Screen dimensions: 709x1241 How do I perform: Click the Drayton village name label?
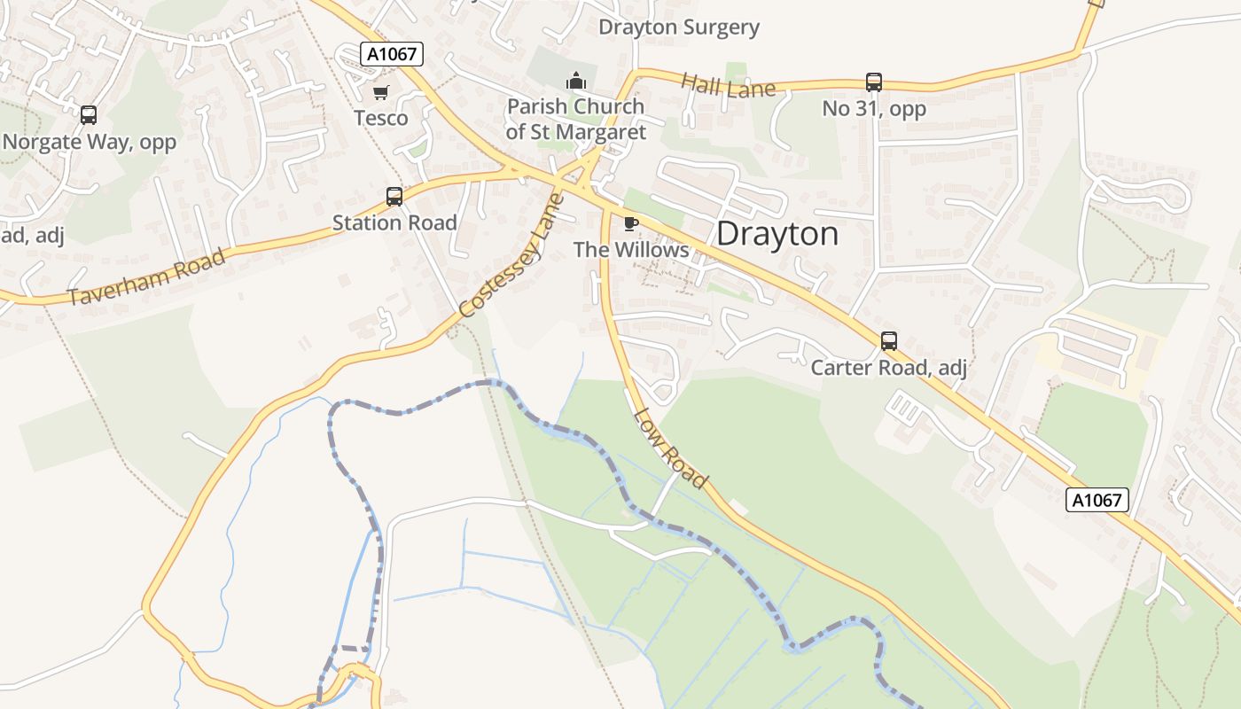(x=777, y=234)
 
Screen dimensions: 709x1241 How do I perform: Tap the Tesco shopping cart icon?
(x=381, y=92)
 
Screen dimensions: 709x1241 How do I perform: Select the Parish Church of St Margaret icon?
(x=576, y=82)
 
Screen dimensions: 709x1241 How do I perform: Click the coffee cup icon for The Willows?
(x=631, y=223)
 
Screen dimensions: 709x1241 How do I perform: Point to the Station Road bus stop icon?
(x=394, y=197)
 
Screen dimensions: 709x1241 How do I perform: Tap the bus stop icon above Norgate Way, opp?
(x=89, y=114)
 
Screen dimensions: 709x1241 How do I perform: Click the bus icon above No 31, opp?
(x=874, y=82)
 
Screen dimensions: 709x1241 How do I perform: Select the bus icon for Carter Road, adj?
(x=888, y=340)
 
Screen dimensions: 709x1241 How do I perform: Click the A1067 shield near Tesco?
(x=393, y=54)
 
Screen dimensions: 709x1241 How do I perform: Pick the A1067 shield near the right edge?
(x=1097, y=500)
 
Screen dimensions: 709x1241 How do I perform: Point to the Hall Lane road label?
(x=728, y=86)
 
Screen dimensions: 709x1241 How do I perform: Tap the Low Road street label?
(x=671, y=448)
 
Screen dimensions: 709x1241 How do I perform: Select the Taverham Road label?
(x=147, y=277)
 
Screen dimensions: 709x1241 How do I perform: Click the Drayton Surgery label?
(x=679, y=27)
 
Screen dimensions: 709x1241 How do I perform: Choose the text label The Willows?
(x=631, y=250)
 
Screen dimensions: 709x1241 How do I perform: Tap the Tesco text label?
(x=381, y=118)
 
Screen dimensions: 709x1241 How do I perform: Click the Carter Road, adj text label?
(x=888, y=367)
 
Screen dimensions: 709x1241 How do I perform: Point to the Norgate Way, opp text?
(x=90, y=142)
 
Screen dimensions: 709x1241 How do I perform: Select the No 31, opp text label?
(x=874, y=109)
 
